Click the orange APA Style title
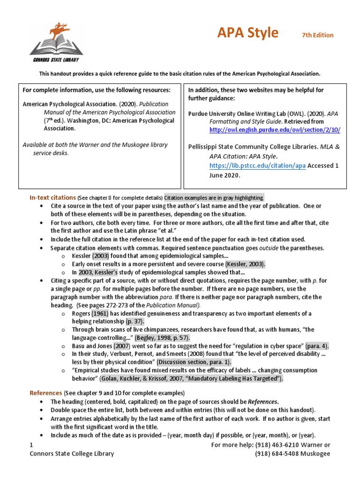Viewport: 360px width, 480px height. [x=247, y=33]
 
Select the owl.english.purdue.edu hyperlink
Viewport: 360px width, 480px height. [x=275, y=130]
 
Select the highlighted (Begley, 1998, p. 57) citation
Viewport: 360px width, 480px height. [x=164, y=337]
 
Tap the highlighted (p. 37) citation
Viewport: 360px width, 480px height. [x=135, y=321]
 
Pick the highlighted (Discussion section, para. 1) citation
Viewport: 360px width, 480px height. [x=194, y=362]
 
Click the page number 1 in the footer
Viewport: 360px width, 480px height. [x=31, y=444]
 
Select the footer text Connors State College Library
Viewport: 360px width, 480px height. [x=71, y=453]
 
